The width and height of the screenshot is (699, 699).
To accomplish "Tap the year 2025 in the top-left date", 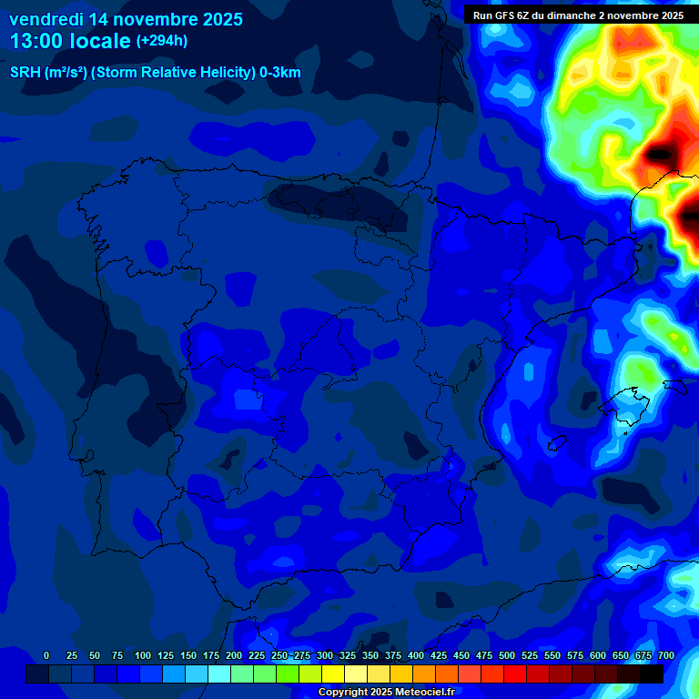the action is [x=216, y=18].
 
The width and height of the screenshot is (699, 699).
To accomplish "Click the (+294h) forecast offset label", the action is [x=161, y=41].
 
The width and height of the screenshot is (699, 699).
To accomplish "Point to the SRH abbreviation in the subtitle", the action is [x=25, y=73].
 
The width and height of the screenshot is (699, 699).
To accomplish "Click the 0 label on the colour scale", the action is [x=46, y=655].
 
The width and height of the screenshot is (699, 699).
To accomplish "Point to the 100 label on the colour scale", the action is [x=143, y=655].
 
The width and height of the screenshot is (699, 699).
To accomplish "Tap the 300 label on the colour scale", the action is [x=325, y=655].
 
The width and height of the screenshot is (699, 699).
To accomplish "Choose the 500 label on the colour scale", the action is [x=507, y=655].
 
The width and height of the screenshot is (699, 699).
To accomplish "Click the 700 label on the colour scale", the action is [x=666, y=655].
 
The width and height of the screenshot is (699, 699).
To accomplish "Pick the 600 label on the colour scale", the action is [x=598, y=655].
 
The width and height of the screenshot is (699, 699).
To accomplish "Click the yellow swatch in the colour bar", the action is [x=333, y=674].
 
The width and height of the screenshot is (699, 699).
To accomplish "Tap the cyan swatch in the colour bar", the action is [x=219, y=674].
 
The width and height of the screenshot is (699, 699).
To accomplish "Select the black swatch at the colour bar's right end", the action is [x=652, y=674].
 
